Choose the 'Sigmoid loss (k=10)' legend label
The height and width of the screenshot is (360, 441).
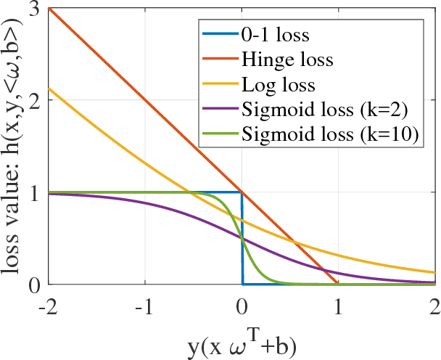pos(332,136)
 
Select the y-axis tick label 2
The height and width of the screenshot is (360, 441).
pos(33,101)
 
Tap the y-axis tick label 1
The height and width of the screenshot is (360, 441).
pos(33,193)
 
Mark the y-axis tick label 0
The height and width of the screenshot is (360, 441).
pos(33,284)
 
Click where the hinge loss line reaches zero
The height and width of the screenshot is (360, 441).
pos(338,284)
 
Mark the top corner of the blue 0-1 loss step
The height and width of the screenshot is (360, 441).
pos(242,192)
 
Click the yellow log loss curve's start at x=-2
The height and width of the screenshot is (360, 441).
pos(49,89)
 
